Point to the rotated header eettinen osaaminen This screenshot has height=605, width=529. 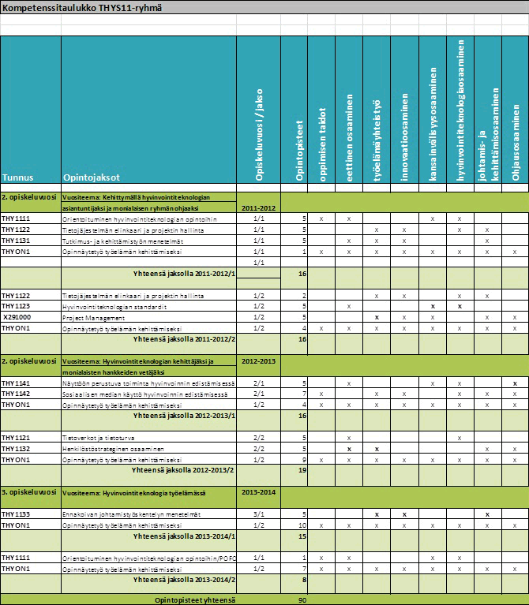pyautogui.click(x=348, y=139)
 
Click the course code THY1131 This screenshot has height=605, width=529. pyautogui.click(x=16, y=240)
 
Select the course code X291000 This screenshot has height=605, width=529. pyautogui.click(x=17, y=316)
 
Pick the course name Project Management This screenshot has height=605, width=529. pyautogui.click(x=90, y=316)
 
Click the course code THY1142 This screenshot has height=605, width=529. pyautogui.click(x=16, y=393)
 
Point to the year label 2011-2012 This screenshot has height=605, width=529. pyautogui.click(x=258, y=207)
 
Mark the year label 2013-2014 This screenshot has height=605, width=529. pyautogui.click(x=258, y=492)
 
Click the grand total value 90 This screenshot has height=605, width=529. pyautogui.click(x=302, y=599)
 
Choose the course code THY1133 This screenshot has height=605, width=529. pyautogui.click(x=16, y=514)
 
